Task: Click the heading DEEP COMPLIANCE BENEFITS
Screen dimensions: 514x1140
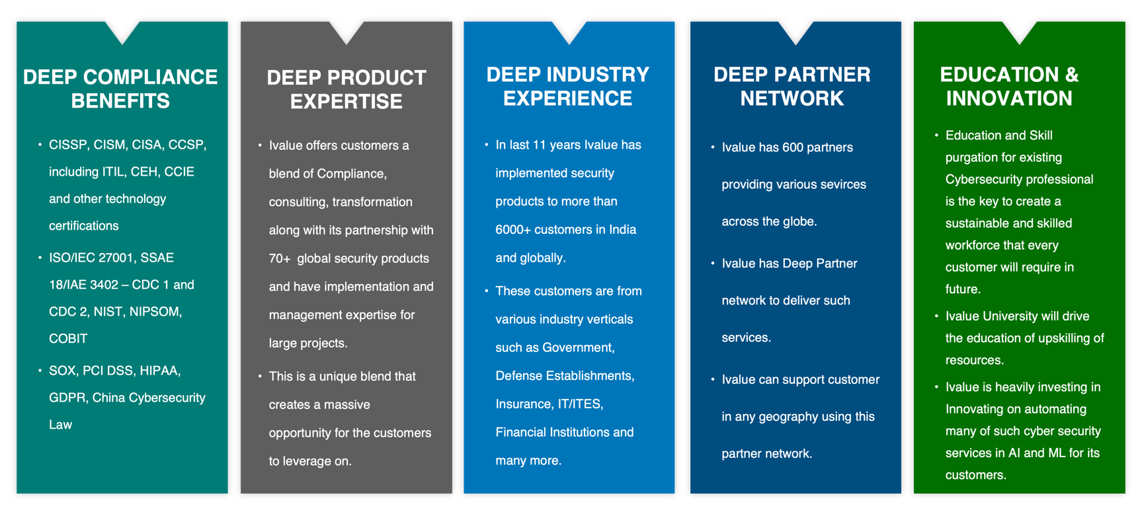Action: pyautogui.click(x=120, y=89)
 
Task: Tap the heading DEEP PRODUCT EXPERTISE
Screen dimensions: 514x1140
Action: pyautogui.click(x=346, y=89)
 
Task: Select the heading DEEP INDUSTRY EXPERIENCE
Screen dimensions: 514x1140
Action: pyautogui.click(x=568, y=86)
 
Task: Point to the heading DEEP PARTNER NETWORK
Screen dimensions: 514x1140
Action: pyautogui.click(x=792, y=86)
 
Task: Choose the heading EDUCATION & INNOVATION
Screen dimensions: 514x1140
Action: pyautogui.click(x=1009, y=86)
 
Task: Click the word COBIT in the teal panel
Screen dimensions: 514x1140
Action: pyautogui.click(x=68, y=338)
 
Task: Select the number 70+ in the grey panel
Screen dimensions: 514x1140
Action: pyautogui.click(x=280, y=258)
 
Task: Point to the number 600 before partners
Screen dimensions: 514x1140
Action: pyautogui.click(x=792, y=147)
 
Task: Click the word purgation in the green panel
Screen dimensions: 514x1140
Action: pyautogui.click(x=970, y=157)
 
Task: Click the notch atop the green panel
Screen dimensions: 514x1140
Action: pyautogui.click(x=1019, y=31)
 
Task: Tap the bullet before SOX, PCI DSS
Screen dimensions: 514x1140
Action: pyautogui.click(x=40, y=371)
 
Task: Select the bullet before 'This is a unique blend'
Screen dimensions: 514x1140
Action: pyautogui.click(x=260, y=377)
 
